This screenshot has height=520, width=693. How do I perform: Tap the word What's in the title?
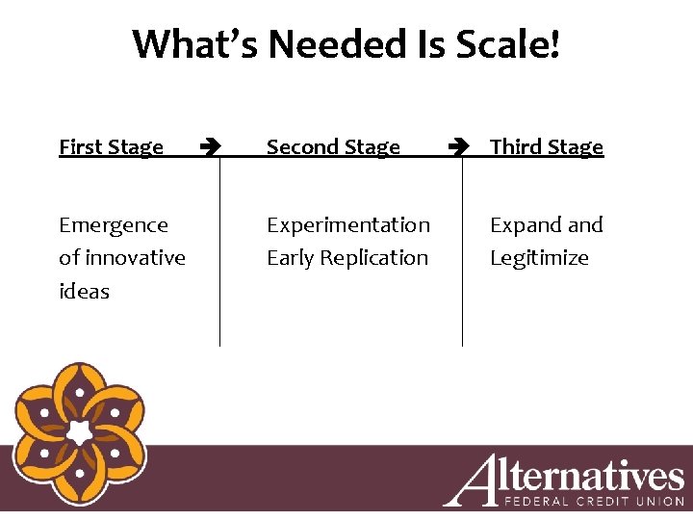click(x=196, y=44)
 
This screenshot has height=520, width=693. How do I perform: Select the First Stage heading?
click(x=111, y=147)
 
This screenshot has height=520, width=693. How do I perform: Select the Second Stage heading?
click(x=333, y=147)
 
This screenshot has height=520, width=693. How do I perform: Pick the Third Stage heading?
click(x=546, y=147)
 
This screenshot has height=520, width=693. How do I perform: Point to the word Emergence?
click(x=114, y=225)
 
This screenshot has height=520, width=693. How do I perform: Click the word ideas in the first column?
click(x=84, y=291)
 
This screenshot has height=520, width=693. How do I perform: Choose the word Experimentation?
click(x=348, y=225)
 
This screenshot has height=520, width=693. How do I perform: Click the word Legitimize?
click(x=539, y=258)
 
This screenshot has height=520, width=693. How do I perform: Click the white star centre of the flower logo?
click(x=78, y=432)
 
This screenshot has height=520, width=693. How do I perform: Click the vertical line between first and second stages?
click(x=219, y=250)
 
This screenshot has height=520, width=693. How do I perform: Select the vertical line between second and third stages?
click(x=462, y=250)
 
